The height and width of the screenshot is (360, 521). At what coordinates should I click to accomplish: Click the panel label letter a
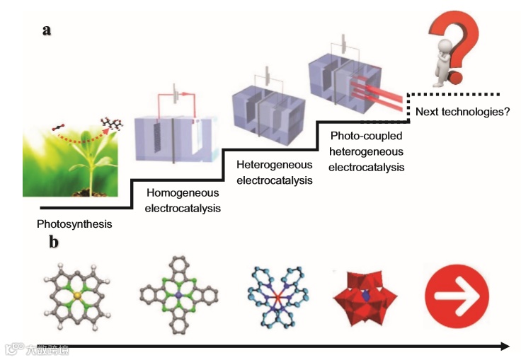47,30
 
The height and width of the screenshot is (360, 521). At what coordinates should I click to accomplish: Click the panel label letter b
54,242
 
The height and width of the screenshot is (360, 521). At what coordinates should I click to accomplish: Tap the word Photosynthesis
74,224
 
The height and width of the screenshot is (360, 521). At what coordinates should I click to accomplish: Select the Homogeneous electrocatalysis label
183,200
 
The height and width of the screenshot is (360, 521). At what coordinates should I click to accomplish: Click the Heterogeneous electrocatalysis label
275,172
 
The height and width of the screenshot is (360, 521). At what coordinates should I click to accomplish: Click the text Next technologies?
462,112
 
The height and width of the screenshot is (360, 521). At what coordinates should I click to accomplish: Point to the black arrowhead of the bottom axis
504,346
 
